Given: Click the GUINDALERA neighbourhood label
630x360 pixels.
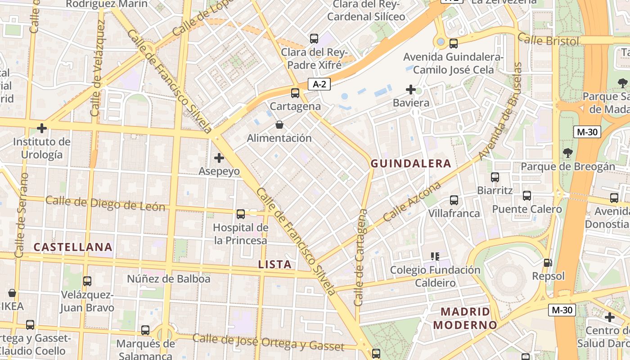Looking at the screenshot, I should click(x=410, y=163).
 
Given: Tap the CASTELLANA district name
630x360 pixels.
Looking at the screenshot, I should click(x=73, y=247).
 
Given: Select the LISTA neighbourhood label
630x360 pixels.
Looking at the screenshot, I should click(x=275, y=265).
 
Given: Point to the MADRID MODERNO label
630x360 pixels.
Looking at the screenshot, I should click(x=465, y=318).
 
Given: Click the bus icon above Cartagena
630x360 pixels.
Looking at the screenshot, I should click(x=295, y=93).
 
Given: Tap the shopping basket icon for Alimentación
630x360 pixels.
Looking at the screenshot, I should click(x=279, y=125).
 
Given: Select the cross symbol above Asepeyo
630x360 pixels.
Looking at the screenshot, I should click(x=219, y=158).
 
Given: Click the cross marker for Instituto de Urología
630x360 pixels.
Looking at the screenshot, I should click(x=42, y=128).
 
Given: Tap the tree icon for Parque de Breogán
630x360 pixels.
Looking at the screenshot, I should click(x=567, y=153).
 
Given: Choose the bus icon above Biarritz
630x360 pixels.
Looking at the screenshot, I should click(x=495, y=177).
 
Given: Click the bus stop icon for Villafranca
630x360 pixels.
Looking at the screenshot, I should click(x=454, y=200).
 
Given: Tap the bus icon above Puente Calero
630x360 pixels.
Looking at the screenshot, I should click(x=527, y=196).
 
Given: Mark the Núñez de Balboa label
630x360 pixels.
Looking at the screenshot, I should click(x=168, y=279).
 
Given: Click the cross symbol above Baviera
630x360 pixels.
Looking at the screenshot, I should click(x=411, y=90).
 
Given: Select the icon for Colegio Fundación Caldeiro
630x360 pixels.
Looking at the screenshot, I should click(x=435, y=256).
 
